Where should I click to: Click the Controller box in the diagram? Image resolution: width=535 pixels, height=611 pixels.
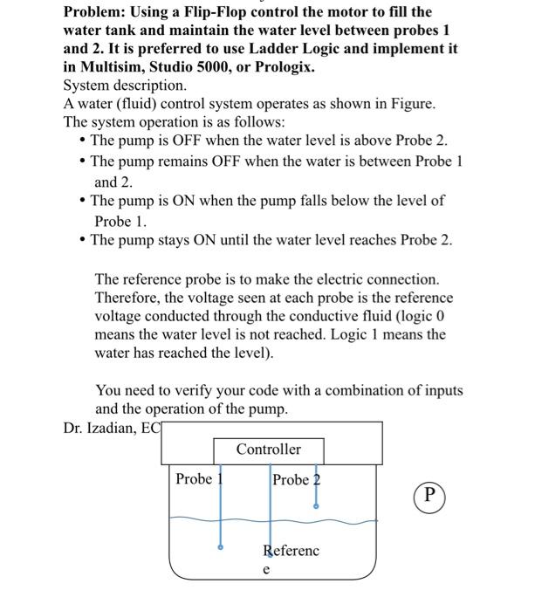point(269,450)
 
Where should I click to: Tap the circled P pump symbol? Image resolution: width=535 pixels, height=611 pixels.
point(429,494)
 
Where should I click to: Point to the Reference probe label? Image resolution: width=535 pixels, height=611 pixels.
point(291,551)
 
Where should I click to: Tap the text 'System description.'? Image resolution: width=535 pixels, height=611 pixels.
point(125,86)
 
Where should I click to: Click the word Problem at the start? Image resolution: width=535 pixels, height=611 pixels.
point(95,12)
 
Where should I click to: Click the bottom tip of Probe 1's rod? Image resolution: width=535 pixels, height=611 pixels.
point(220,548)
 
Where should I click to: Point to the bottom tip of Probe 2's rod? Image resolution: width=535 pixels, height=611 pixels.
point(316,505)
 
